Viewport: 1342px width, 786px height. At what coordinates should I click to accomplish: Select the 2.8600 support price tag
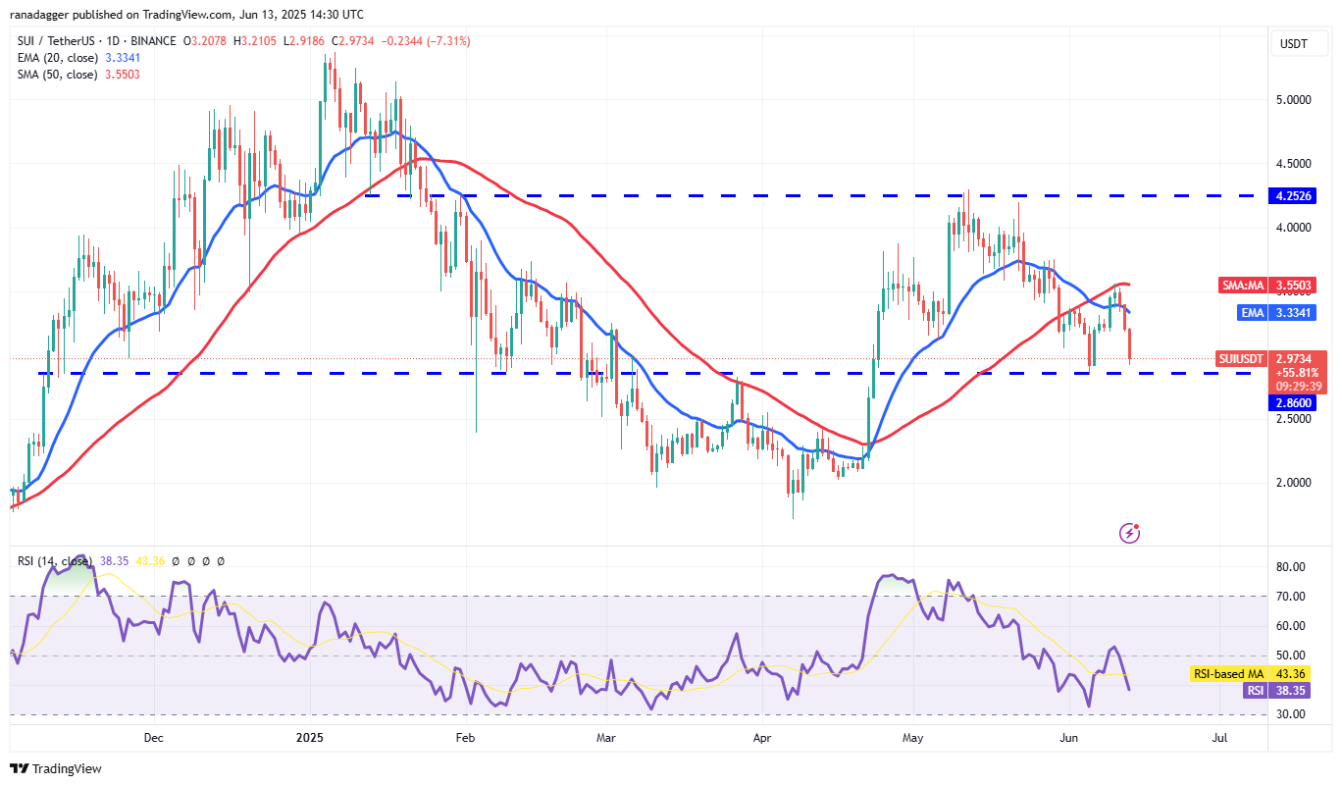[1294, 402]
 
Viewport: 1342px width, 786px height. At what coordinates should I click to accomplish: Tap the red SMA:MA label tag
[1242, 285]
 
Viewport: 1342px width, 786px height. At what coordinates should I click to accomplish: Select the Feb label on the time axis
[465, 736]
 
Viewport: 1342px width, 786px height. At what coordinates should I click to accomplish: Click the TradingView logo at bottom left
[56, 768]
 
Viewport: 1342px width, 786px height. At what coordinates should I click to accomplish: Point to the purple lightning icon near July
[1130, 533]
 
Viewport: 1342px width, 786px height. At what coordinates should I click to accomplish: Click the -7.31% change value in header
[449, 41]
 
